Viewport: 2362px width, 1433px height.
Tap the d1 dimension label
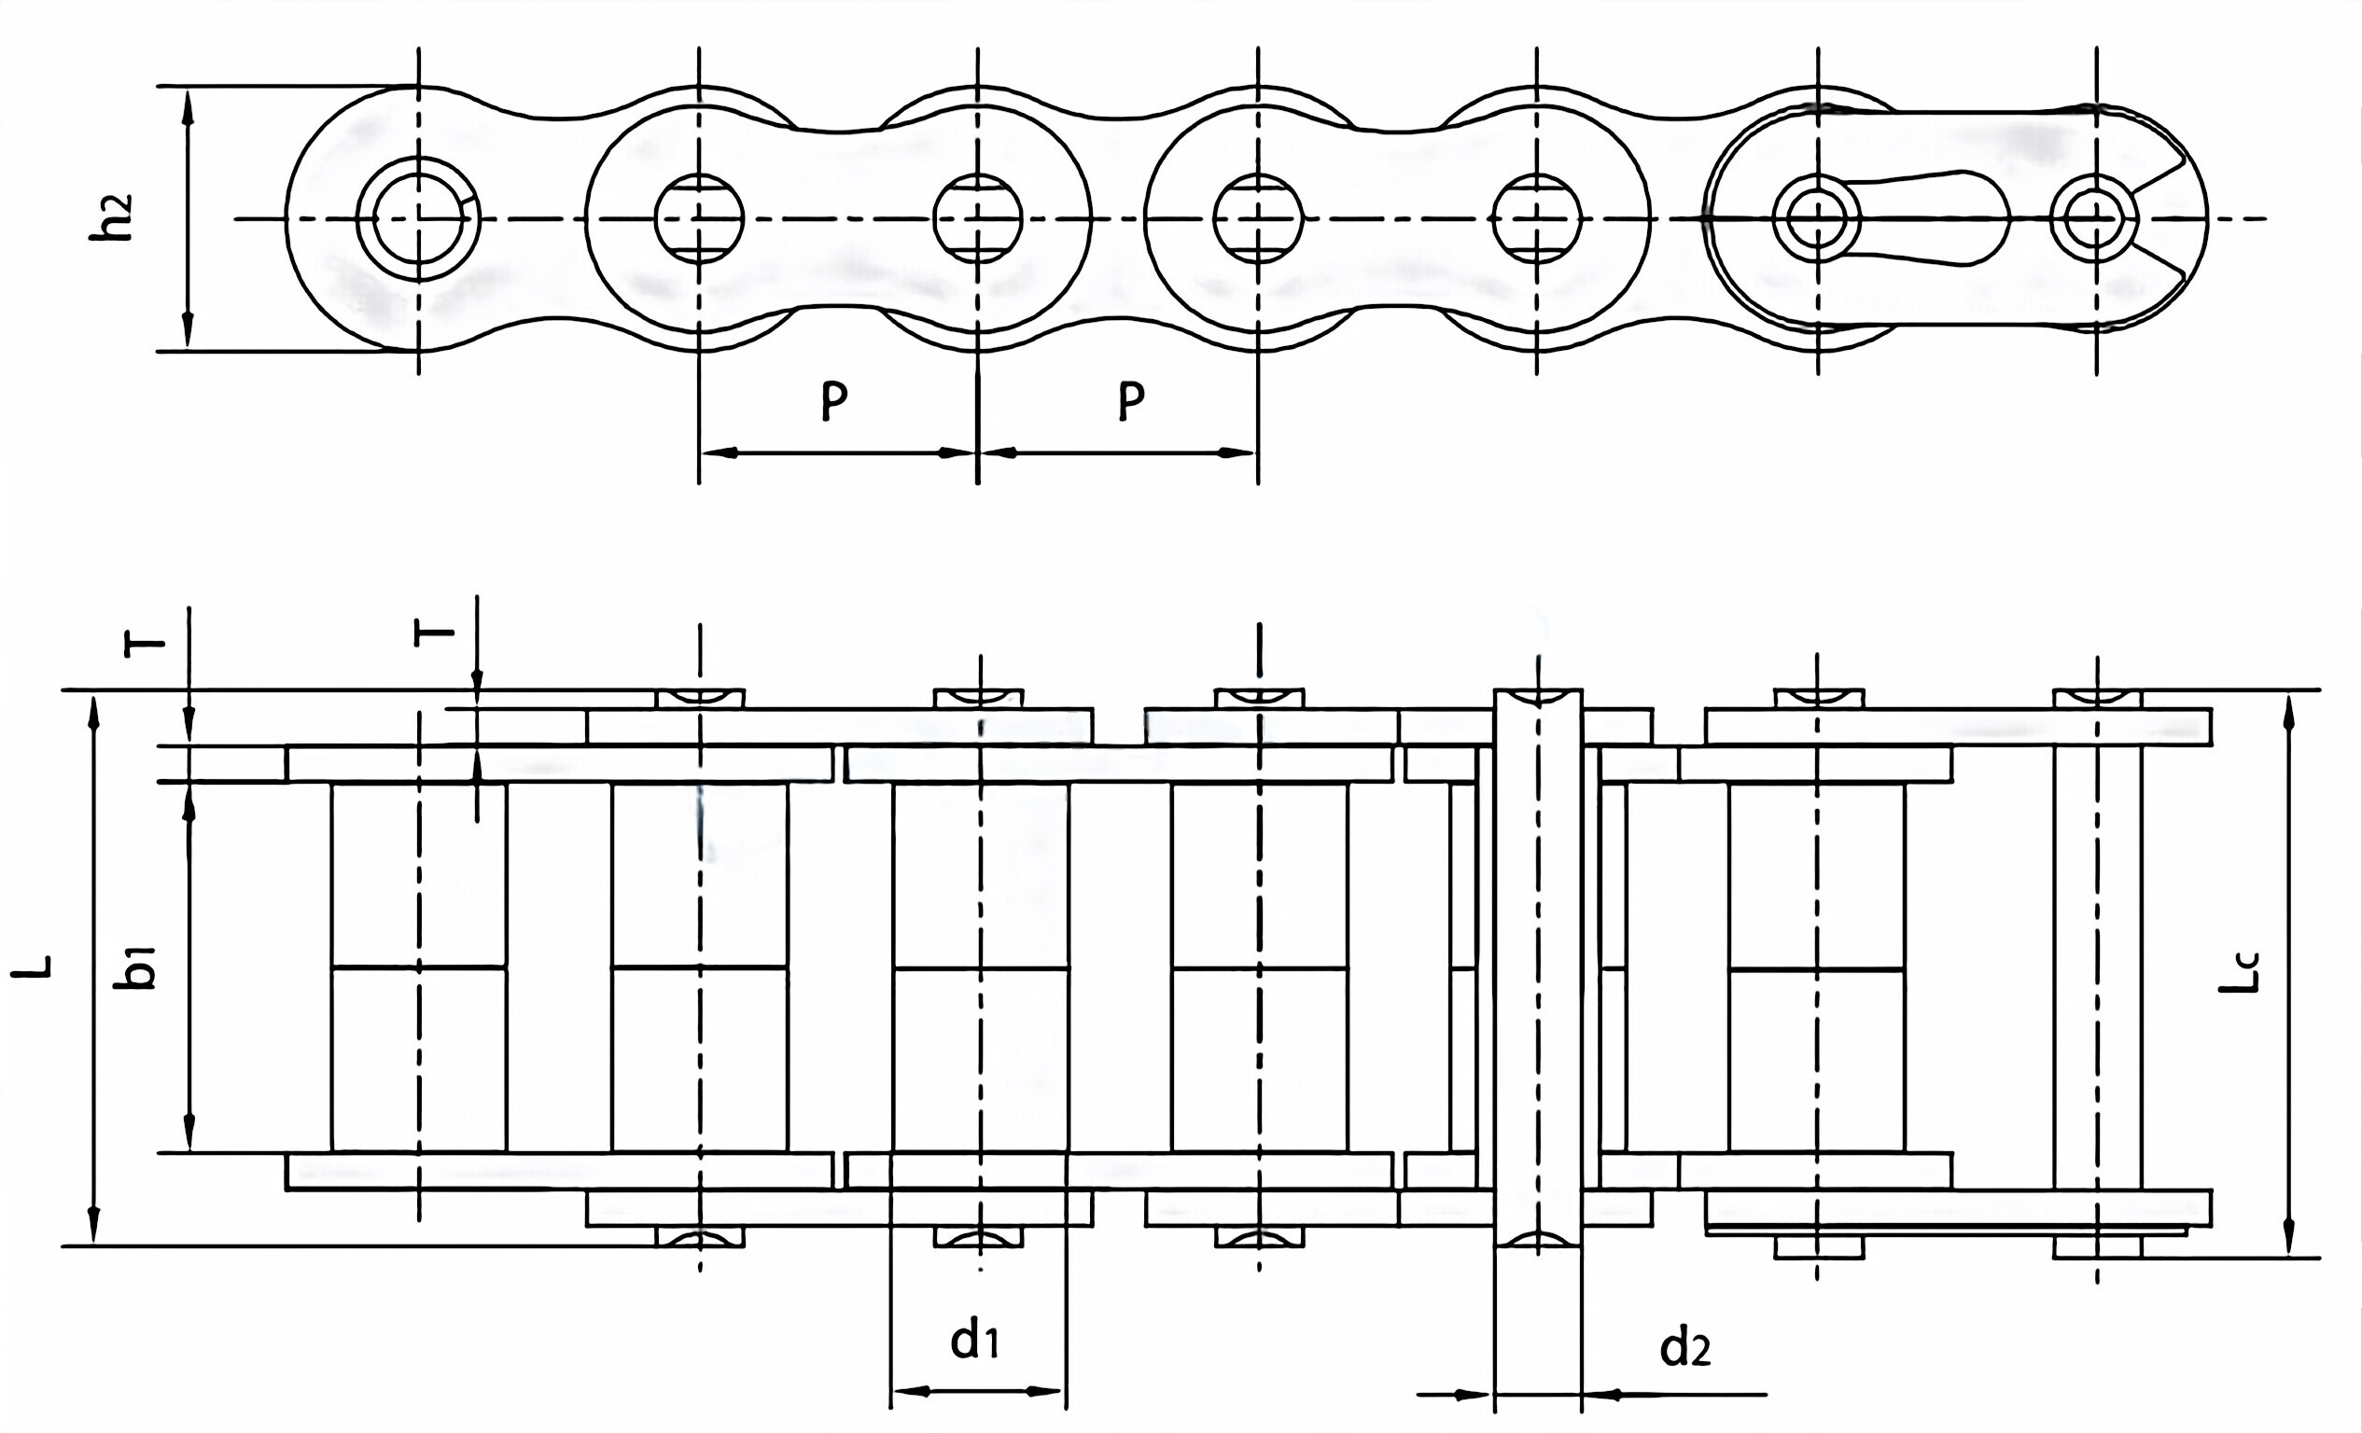(x=974, y=1339)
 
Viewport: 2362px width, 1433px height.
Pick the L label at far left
(x=33, y=968)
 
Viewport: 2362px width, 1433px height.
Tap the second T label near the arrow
(x=434, y=633)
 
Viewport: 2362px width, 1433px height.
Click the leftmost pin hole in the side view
(x=418, y=218)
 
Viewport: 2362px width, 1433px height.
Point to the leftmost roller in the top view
(x=418, y=968)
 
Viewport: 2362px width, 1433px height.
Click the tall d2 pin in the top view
(x=1538, y=968)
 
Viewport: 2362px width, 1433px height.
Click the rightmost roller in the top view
(x=1817, y=968)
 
